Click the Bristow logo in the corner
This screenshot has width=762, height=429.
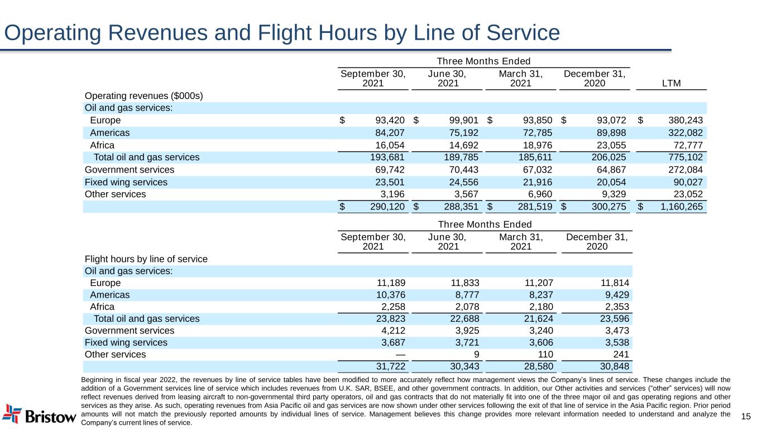[x=39, y=414]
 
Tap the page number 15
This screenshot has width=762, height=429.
[x=746, y=416]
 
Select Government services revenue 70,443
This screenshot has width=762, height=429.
[x=464, y=170]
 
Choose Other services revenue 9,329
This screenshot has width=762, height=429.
[x=615, y=194]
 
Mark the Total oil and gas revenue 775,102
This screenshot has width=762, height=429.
[x=684, y=158]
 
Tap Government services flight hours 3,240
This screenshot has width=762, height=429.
[x=540, y=331]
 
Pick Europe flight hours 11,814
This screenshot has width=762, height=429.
[x=614, y=283]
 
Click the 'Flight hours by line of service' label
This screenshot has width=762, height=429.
[x=146, y=259]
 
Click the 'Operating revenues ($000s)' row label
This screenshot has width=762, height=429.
[x=143, y=96]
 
